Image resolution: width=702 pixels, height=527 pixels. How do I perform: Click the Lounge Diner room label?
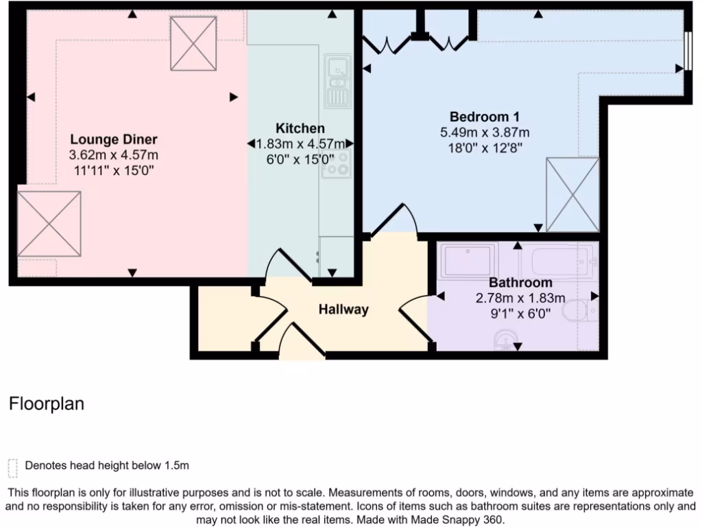(113, 140)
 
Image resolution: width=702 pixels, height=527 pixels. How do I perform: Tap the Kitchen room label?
(300, 128)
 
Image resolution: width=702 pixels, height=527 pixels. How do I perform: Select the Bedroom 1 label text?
(480, 117)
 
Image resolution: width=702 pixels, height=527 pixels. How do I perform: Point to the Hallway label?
(343, 309)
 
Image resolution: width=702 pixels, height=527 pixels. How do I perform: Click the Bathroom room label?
(520, 283)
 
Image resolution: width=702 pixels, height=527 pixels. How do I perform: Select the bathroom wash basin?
(505, 340)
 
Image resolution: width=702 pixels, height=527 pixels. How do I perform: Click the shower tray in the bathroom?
(470, 261)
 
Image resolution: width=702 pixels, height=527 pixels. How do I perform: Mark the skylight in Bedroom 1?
(572, 195)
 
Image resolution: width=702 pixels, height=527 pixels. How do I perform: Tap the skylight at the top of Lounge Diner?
(193, 43)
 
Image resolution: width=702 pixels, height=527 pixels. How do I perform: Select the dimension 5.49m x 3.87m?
(485, 132)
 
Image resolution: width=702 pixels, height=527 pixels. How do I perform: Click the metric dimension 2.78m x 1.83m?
(520, 298)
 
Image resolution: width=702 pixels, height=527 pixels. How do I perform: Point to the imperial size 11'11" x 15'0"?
(113, 170)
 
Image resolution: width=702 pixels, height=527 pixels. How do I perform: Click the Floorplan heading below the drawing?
(47, 404)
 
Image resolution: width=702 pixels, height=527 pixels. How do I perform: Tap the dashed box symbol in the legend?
(12, 467)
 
